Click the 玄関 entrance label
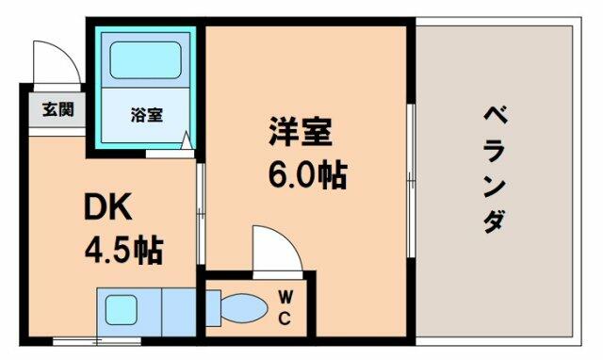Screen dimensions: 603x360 [x=58, y=110]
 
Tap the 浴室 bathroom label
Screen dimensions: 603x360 [x=147, y=115]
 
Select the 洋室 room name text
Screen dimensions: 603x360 [x=301, y=131]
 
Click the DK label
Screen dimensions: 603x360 [x=108, y=206]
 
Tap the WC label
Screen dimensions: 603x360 [x=285, y=307]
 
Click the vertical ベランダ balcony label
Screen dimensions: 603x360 [x=495, y=170]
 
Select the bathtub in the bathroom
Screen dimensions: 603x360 [x=145, y=60]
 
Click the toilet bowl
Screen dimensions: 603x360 [x=245, y=308]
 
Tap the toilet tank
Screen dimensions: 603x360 [x=214, y=308]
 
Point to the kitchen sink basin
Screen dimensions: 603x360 [x=121, y=310]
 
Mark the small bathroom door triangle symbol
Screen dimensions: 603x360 [x=187, y=140]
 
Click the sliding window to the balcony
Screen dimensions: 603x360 [x=412, y=180]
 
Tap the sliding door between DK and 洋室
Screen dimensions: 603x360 [x=201, y=214]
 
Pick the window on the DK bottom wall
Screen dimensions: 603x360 [x=97, y=341]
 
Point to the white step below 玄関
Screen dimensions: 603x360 [x=57, y=132]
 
